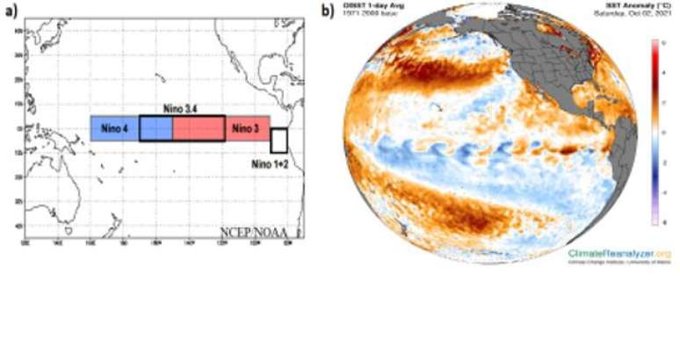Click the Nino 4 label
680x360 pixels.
tap(113, 128)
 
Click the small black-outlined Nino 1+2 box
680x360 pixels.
tap(279, 140)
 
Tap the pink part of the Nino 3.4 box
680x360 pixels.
tap(199, 128)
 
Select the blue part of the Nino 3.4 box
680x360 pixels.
tap(156, 128)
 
